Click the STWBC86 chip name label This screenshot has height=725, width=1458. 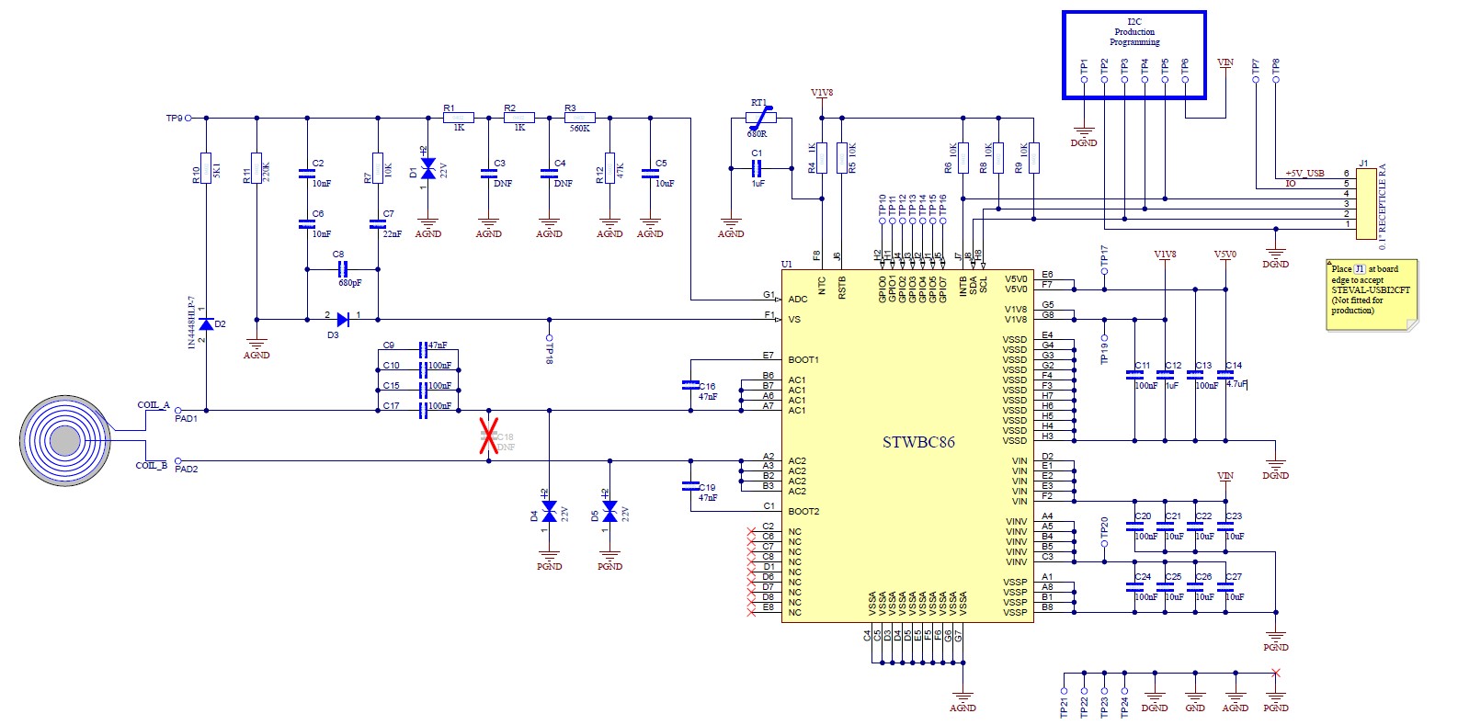pos(918,442)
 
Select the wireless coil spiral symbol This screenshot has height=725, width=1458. pos(64,441)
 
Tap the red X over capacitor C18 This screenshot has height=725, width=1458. pos(488,436)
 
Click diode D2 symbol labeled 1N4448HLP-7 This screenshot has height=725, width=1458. pos(206,323)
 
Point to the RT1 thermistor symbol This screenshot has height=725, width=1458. pos(760,118)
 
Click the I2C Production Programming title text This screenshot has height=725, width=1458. pos(1133,31)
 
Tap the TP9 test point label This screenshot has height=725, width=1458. pos(174,119)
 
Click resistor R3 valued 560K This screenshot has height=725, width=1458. pos(580,118)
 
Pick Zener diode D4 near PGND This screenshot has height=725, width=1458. pos(549,510)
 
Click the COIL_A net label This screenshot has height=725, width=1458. pos(153,404)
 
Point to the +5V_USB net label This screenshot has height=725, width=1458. pos(1304,173)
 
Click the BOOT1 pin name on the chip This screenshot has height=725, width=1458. pos(803,359)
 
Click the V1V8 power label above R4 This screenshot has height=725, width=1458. pos(821,93)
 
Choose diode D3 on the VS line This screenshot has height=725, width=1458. pos(342,320)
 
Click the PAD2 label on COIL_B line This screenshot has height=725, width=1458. pos(187,469)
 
